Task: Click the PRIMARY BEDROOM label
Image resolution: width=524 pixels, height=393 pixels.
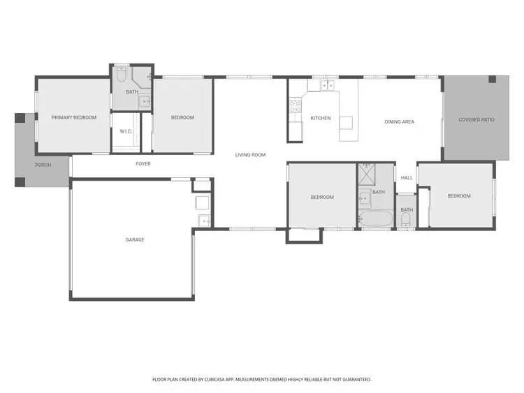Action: tap(74, 117)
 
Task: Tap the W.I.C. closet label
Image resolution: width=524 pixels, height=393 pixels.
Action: tap(126, 131)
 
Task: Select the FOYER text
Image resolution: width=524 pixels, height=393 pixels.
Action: tap(143, 164)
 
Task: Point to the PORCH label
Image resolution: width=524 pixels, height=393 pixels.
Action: tap(43, 165)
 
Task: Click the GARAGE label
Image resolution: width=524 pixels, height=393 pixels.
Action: tap(135, 240)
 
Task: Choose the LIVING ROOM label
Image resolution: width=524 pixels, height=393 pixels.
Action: tap(250, 155)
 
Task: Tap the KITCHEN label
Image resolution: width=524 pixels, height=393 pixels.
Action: tap(321, 118)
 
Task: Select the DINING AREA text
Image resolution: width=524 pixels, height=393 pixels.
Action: tap(399, 122)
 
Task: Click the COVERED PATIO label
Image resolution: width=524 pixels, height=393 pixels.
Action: tap(476, 120)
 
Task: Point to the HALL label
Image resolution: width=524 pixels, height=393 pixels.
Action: tap(407, 178)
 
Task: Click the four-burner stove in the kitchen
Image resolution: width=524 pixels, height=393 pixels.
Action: tap(295, 107)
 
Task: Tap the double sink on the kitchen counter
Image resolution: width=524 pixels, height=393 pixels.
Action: tap(326, 86)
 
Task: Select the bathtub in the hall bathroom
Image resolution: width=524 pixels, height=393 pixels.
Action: tap(376, 220)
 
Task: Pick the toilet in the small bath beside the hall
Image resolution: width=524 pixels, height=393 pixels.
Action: tap(406, 221)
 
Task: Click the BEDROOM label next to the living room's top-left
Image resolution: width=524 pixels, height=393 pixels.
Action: tap(182, 117)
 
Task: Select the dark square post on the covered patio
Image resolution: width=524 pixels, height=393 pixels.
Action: tap(495, 78)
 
